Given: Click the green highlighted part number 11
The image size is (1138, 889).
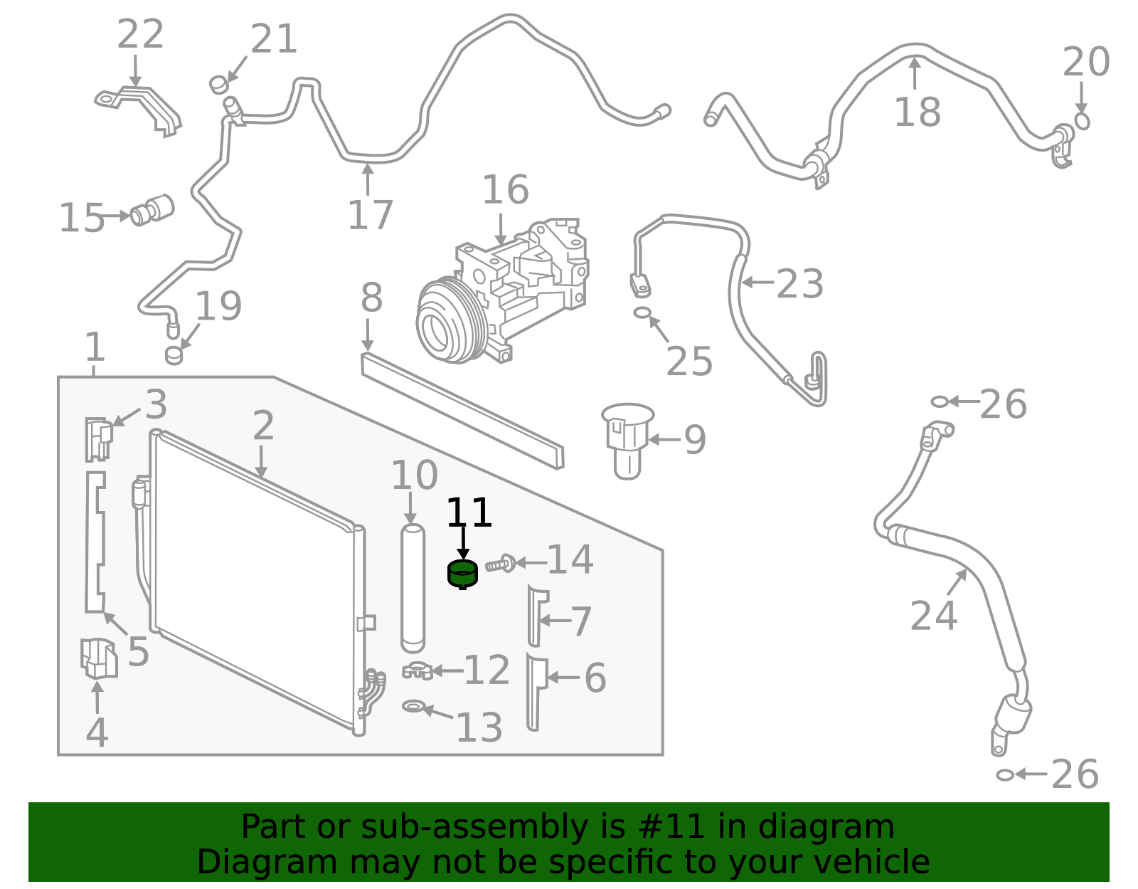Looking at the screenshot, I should click(462, 574).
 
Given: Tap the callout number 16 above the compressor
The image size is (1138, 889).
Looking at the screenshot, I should click(505, 190).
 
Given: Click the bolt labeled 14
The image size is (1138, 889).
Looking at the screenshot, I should click(501, 564).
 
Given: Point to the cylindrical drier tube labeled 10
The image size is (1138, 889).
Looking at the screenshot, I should click(412, 588).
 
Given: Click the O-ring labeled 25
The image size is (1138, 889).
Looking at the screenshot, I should click(642, 312).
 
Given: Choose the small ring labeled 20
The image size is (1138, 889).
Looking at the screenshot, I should click(1082, 121).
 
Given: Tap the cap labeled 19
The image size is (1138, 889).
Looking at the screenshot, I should click(174, 354).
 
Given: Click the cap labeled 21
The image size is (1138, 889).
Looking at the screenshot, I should click(218, 85).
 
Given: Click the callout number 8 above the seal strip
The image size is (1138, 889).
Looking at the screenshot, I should click(371, 298).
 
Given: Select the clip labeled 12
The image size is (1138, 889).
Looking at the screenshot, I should click(418, 670).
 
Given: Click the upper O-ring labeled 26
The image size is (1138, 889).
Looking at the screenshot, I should click(939, 401).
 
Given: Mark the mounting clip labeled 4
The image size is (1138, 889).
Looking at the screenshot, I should click(97, 658).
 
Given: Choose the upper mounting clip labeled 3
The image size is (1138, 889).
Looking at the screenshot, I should click(98, 438).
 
